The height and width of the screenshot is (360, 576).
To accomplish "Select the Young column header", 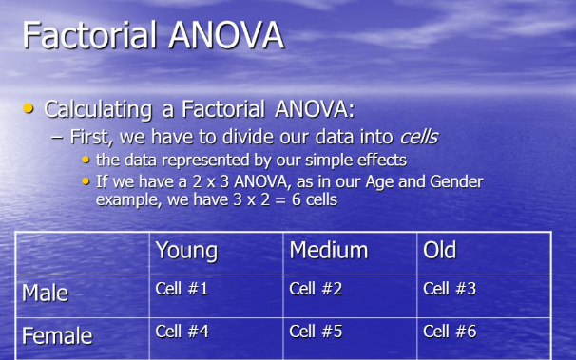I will (186, 251).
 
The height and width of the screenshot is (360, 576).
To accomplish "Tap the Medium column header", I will (328, 251).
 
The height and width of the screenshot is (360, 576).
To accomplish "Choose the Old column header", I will (440, 251).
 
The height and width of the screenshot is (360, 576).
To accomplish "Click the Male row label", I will (45, 294).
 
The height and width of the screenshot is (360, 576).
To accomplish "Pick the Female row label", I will (56, 335).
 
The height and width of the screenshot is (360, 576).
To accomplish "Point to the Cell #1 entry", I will (182, 289).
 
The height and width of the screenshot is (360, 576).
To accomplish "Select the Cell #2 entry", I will (316, 289).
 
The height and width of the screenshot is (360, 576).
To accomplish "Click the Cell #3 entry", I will (450, 289).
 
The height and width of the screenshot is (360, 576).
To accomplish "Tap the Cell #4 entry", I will (182, 332).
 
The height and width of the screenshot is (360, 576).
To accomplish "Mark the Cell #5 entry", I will (316, 332).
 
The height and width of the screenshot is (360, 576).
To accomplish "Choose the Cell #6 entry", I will (450, 332).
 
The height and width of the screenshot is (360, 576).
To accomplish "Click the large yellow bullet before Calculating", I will (29, 109).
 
